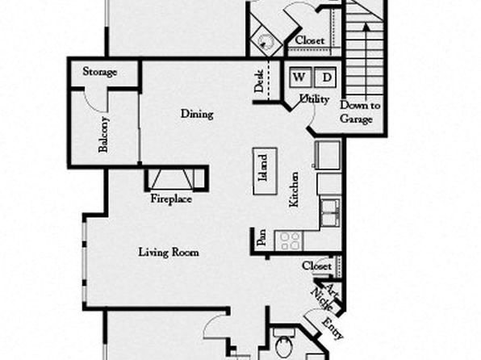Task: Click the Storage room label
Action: click(x=100, y=72)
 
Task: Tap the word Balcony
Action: click(x=103, y=134)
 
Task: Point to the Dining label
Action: click(x=197, y=114)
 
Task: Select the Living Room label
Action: click(x=169, y=253)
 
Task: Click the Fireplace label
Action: click(x=171, y=199)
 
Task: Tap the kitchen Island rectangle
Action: click(x=265, y=171)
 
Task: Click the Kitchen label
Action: click(x=294, y=190)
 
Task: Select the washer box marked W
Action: click(x=300, y=77)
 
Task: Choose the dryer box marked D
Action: click(x=325, y=77)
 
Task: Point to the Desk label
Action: click(x=259, y=82)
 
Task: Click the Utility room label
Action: click(x=314, y=98)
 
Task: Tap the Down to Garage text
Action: click(x=359, y=112)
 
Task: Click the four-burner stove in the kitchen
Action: click(x=290, y=241)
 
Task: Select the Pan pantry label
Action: click(x=261, y=238)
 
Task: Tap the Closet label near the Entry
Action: click(x=317, y=266)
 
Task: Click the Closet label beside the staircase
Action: click(x=310, y=40)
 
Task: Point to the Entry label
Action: click(x=332, y=328)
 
